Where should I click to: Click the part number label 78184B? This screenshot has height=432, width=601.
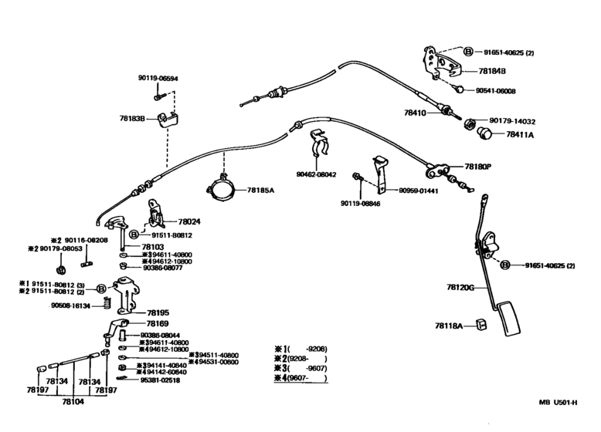(492, 71)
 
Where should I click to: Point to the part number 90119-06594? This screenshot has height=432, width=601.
(159, 78)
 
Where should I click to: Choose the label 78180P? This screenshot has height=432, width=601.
(477, 167)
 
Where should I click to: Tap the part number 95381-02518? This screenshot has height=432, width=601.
(160, 380)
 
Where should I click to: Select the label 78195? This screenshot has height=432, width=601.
(158, 312)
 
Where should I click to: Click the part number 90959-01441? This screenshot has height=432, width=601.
(418, 191)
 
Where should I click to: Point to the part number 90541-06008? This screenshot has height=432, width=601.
(495, 90)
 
